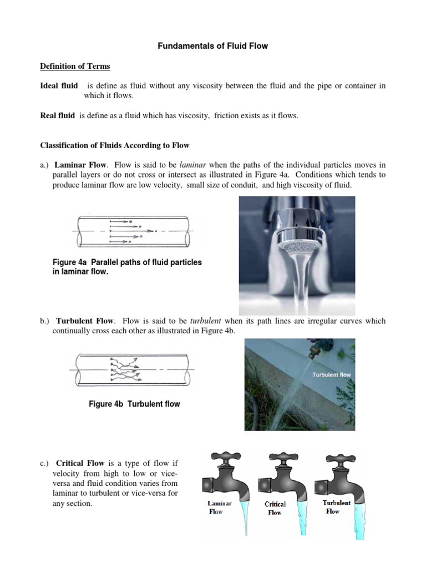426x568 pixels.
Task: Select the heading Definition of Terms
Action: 75,67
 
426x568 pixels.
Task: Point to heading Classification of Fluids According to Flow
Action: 115,145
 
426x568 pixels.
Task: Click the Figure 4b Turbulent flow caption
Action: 134,404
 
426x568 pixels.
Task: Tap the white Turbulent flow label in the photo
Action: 332,375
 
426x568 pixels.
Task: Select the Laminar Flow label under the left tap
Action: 219,508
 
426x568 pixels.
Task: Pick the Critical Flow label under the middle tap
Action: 275,508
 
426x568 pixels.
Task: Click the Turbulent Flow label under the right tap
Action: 337,507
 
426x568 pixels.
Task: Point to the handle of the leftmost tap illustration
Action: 221,458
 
